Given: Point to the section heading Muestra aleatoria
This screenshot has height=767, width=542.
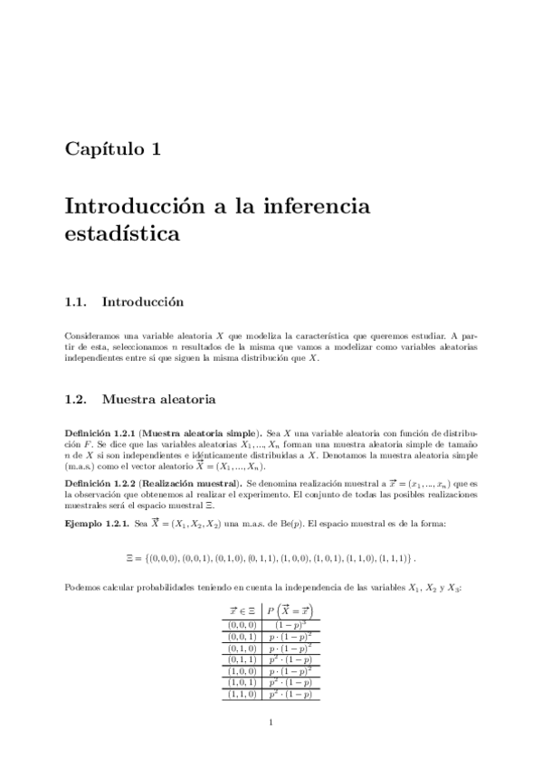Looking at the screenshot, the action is (x=158, y=398).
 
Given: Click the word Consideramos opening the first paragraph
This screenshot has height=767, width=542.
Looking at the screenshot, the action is (x=91, y=335).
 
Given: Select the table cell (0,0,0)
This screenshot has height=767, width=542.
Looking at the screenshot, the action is (x=242, y=624).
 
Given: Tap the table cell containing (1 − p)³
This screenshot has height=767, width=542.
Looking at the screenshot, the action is (x=290, y=624).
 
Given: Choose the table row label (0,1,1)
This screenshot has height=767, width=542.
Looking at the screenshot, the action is (x=242, y=659).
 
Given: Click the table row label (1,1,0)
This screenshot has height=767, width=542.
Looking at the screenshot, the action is (x=242, y=695).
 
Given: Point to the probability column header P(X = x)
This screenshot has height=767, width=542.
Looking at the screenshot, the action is (x=290, y=610).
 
